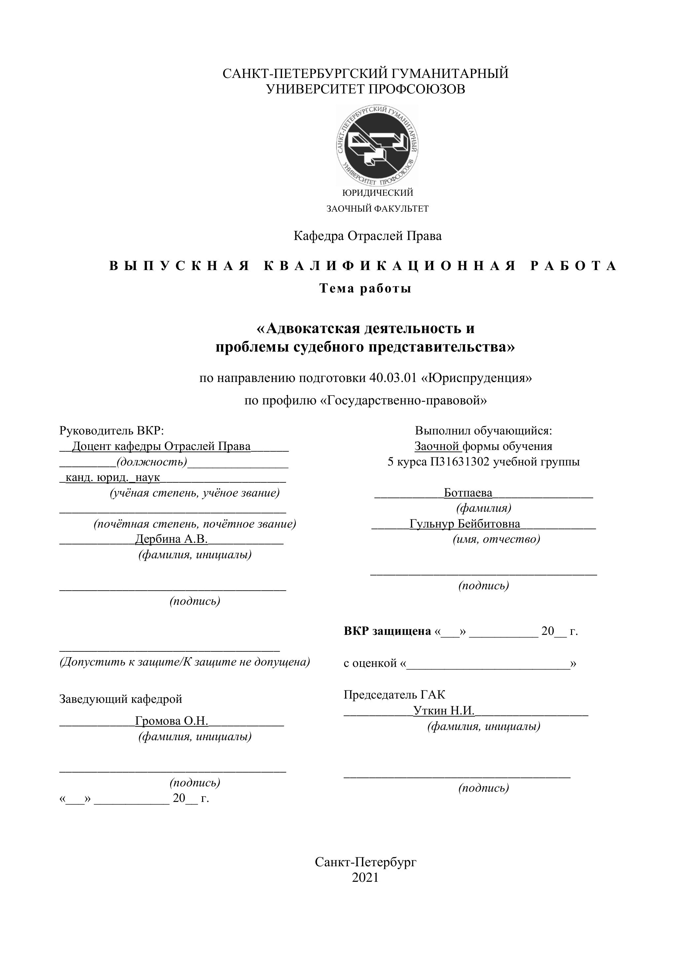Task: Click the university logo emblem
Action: pyautogui.click(x=377, y=146)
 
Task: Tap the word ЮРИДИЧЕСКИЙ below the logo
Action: pyautogui.click(x=378, y=193)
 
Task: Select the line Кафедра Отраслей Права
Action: pyautogui.click(x=368, y=236)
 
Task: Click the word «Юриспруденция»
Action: pyautogui.click(x=477, y=378)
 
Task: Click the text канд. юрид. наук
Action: pyautogui.click(x=113, y=477)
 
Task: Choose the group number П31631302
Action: pyautogui.click(x=460, y=462)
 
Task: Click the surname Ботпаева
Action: pyautogui.click(x=468, y=493)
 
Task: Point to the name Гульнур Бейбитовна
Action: pyautogui.click(x=465, y=524)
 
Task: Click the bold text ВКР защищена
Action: pyautogui.click(x=387, y=631)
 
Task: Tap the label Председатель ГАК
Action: pyautogui.click(x=394, y=695)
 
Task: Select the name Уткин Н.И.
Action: pyautogui.click(x=444, y=711)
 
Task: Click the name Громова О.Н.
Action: pyautogui.click(x=172, y=721)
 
